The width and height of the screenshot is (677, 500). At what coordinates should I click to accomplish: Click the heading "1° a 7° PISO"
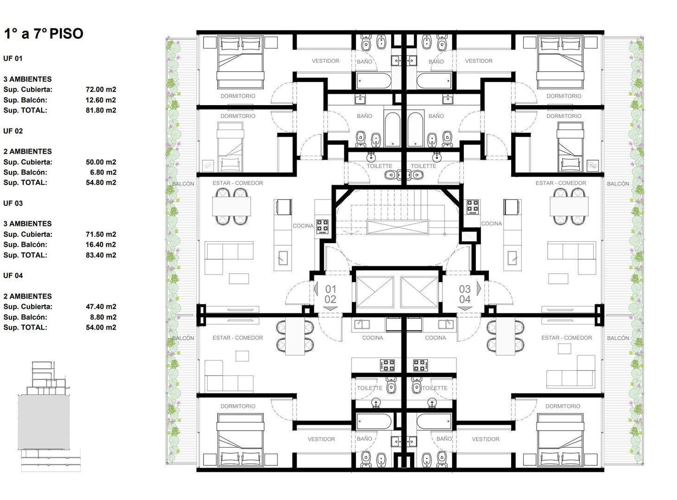[44, 33]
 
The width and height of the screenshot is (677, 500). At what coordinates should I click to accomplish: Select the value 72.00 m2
[101, 90]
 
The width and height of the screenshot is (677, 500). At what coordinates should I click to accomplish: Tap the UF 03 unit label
[13, 204]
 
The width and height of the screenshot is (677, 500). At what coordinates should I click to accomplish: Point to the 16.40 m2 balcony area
[101, 244]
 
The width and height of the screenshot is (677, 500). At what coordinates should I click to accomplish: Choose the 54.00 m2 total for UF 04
[101, 328]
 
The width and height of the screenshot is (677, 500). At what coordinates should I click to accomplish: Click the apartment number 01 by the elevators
[330, 288]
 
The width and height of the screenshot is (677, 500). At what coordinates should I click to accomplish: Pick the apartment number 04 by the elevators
[465, 299]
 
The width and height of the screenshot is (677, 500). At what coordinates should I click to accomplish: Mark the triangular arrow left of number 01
[316, 288]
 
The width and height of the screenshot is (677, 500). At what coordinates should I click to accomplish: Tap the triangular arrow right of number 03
[479, 288]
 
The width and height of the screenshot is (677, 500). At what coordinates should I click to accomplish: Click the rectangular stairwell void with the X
[397, 227]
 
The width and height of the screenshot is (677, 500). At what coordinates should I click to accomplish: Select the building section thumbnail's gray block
[44, 423]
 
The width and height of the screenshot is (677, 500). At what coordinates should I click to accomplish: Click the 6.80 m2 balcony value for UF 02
[103, 172]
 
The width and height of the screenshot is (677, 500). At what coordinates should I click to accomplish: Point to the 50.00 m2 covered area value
[101, 162]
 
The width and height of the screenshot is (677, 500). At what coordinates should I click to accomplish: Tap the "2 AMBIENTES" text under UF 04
[27, 296]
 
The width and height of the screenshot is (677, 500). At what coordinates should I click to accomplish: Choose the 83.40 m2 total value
[101, 255]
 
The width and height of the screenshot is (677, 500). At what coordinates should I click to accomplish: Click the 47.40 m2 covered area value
[101, 306]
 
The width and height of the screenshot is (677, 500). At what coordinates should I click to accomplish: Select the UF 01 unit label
[13, 59]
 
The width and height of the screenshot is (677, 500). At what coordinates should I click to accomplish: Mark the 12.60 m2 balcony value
[101, 100]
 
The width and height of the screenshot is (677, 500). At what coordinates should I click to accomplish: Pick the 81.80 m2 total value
[101, 111]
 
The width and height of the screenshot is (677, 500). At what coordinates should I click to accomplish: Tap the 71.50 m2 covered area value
[101, 234]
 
